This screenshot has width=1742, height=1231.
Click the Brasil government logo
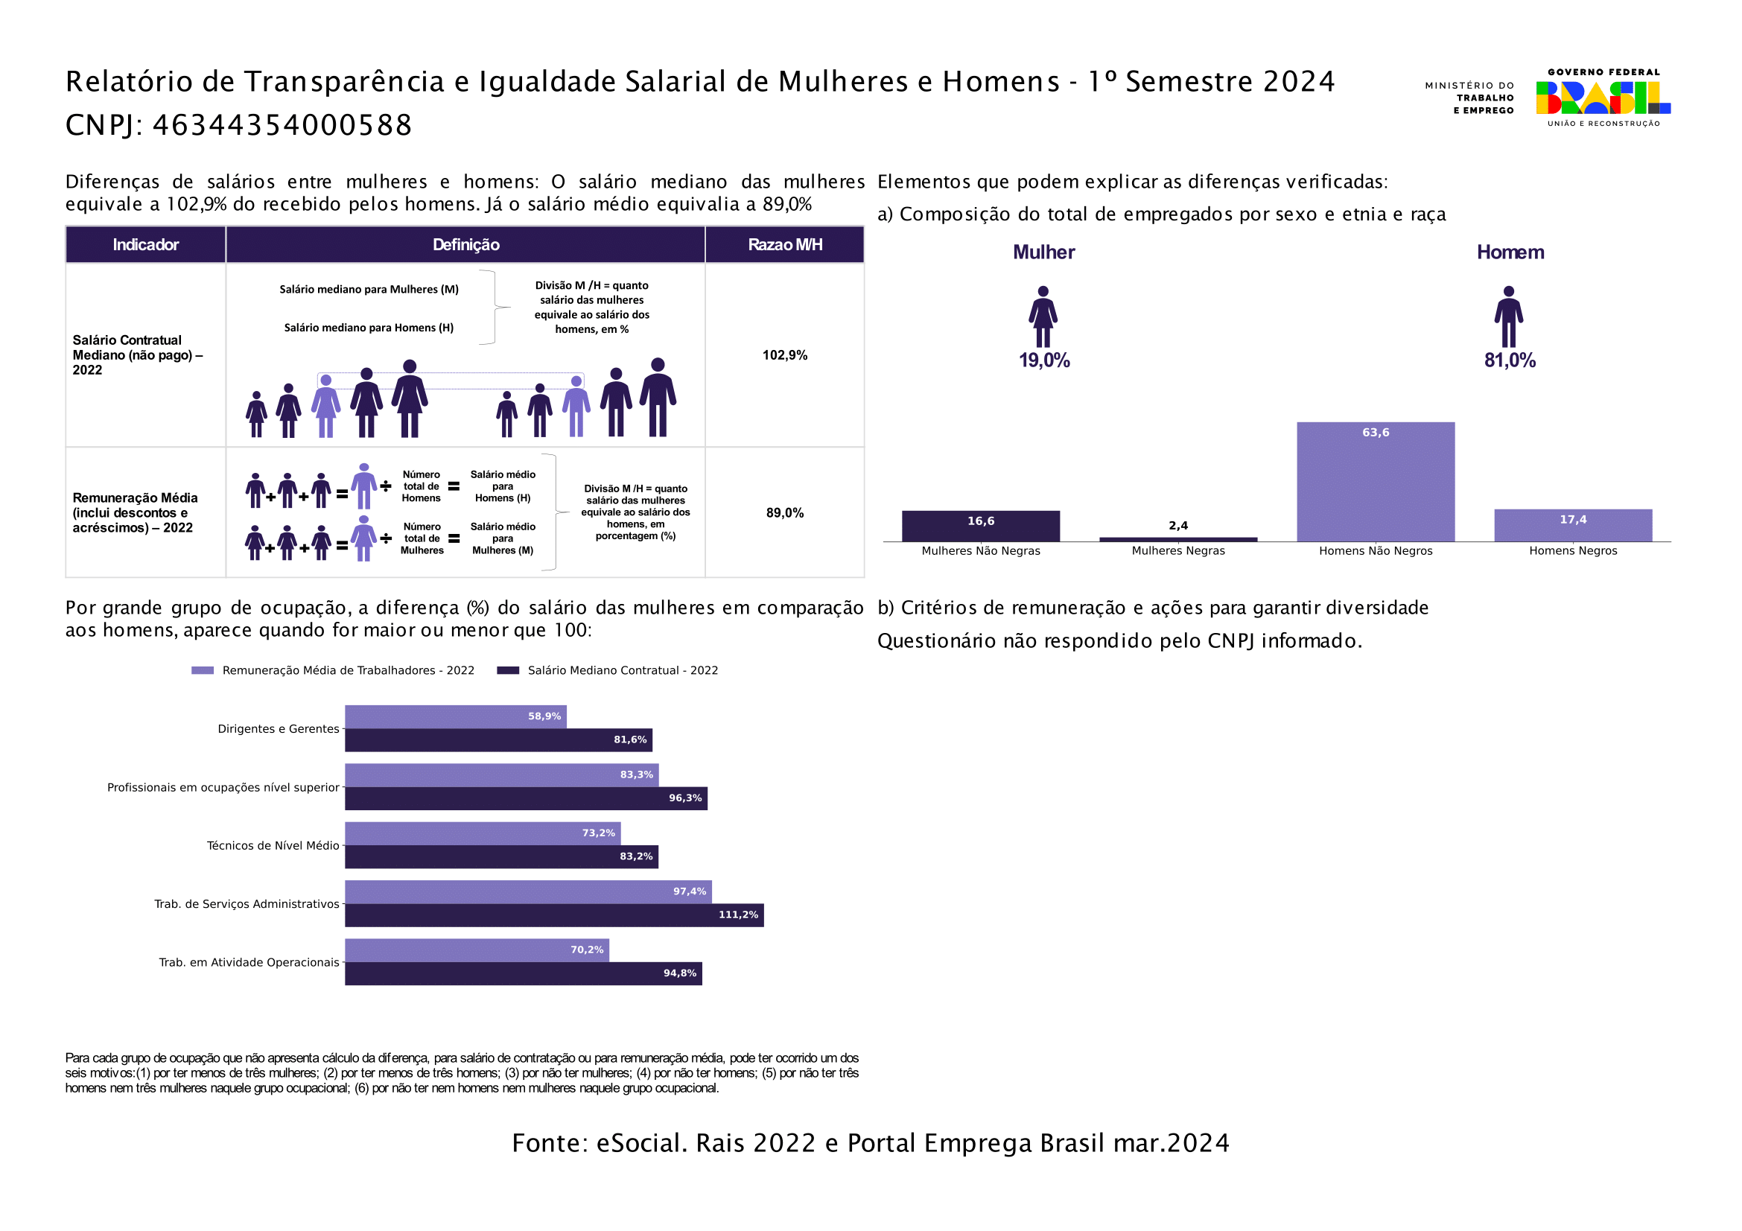(x=1603, y=97)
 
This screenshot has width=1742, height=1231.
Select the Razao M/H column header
(x=784, y=244)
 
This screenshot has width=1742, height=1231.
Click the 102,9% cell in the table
(x=784, y=355)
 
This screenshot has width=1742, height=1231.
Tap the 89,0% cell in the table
(x=784, y=512)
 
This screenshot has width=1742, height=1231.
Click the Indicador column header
(x=145, y=244)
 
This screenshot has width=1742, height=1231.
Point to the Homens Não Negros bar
(x=1375, y=482)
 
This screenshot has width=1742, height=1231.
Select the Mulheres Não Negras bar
(x=980, y=526)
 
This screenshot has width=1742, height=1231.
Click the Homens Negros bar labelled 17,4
(x=1573, y=525)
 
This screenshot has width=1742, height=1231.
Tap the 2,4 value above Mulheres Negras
(x=1177, y=526)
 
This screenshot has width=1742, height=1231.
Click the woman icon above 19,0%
(x=1043, y=317)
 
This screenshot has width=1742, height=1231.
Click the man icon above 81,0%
(x=1508, y=317)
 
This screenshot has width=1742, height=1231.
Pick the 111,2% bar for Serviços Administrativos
(x=554, y=914)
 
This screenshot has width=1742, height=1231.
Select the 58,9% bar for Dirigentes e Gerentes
(x=455, y=716)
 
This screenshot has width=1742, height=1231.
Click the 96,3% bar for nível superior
(x=526, y=798)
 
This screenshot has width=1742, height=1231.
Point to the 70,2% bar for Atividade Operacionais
(x=477, y=950)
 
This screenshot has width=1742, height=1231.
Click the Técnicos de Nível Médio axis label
(x=273, y=846)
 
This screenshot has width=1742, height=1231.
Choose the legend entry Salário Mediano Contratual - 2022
(x=622, y=670)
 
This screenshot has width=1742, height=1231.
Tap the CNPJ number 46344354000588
(x=282, y=125)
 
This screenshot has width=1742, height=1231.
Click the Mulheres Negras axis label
(x=1177, y=550)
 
